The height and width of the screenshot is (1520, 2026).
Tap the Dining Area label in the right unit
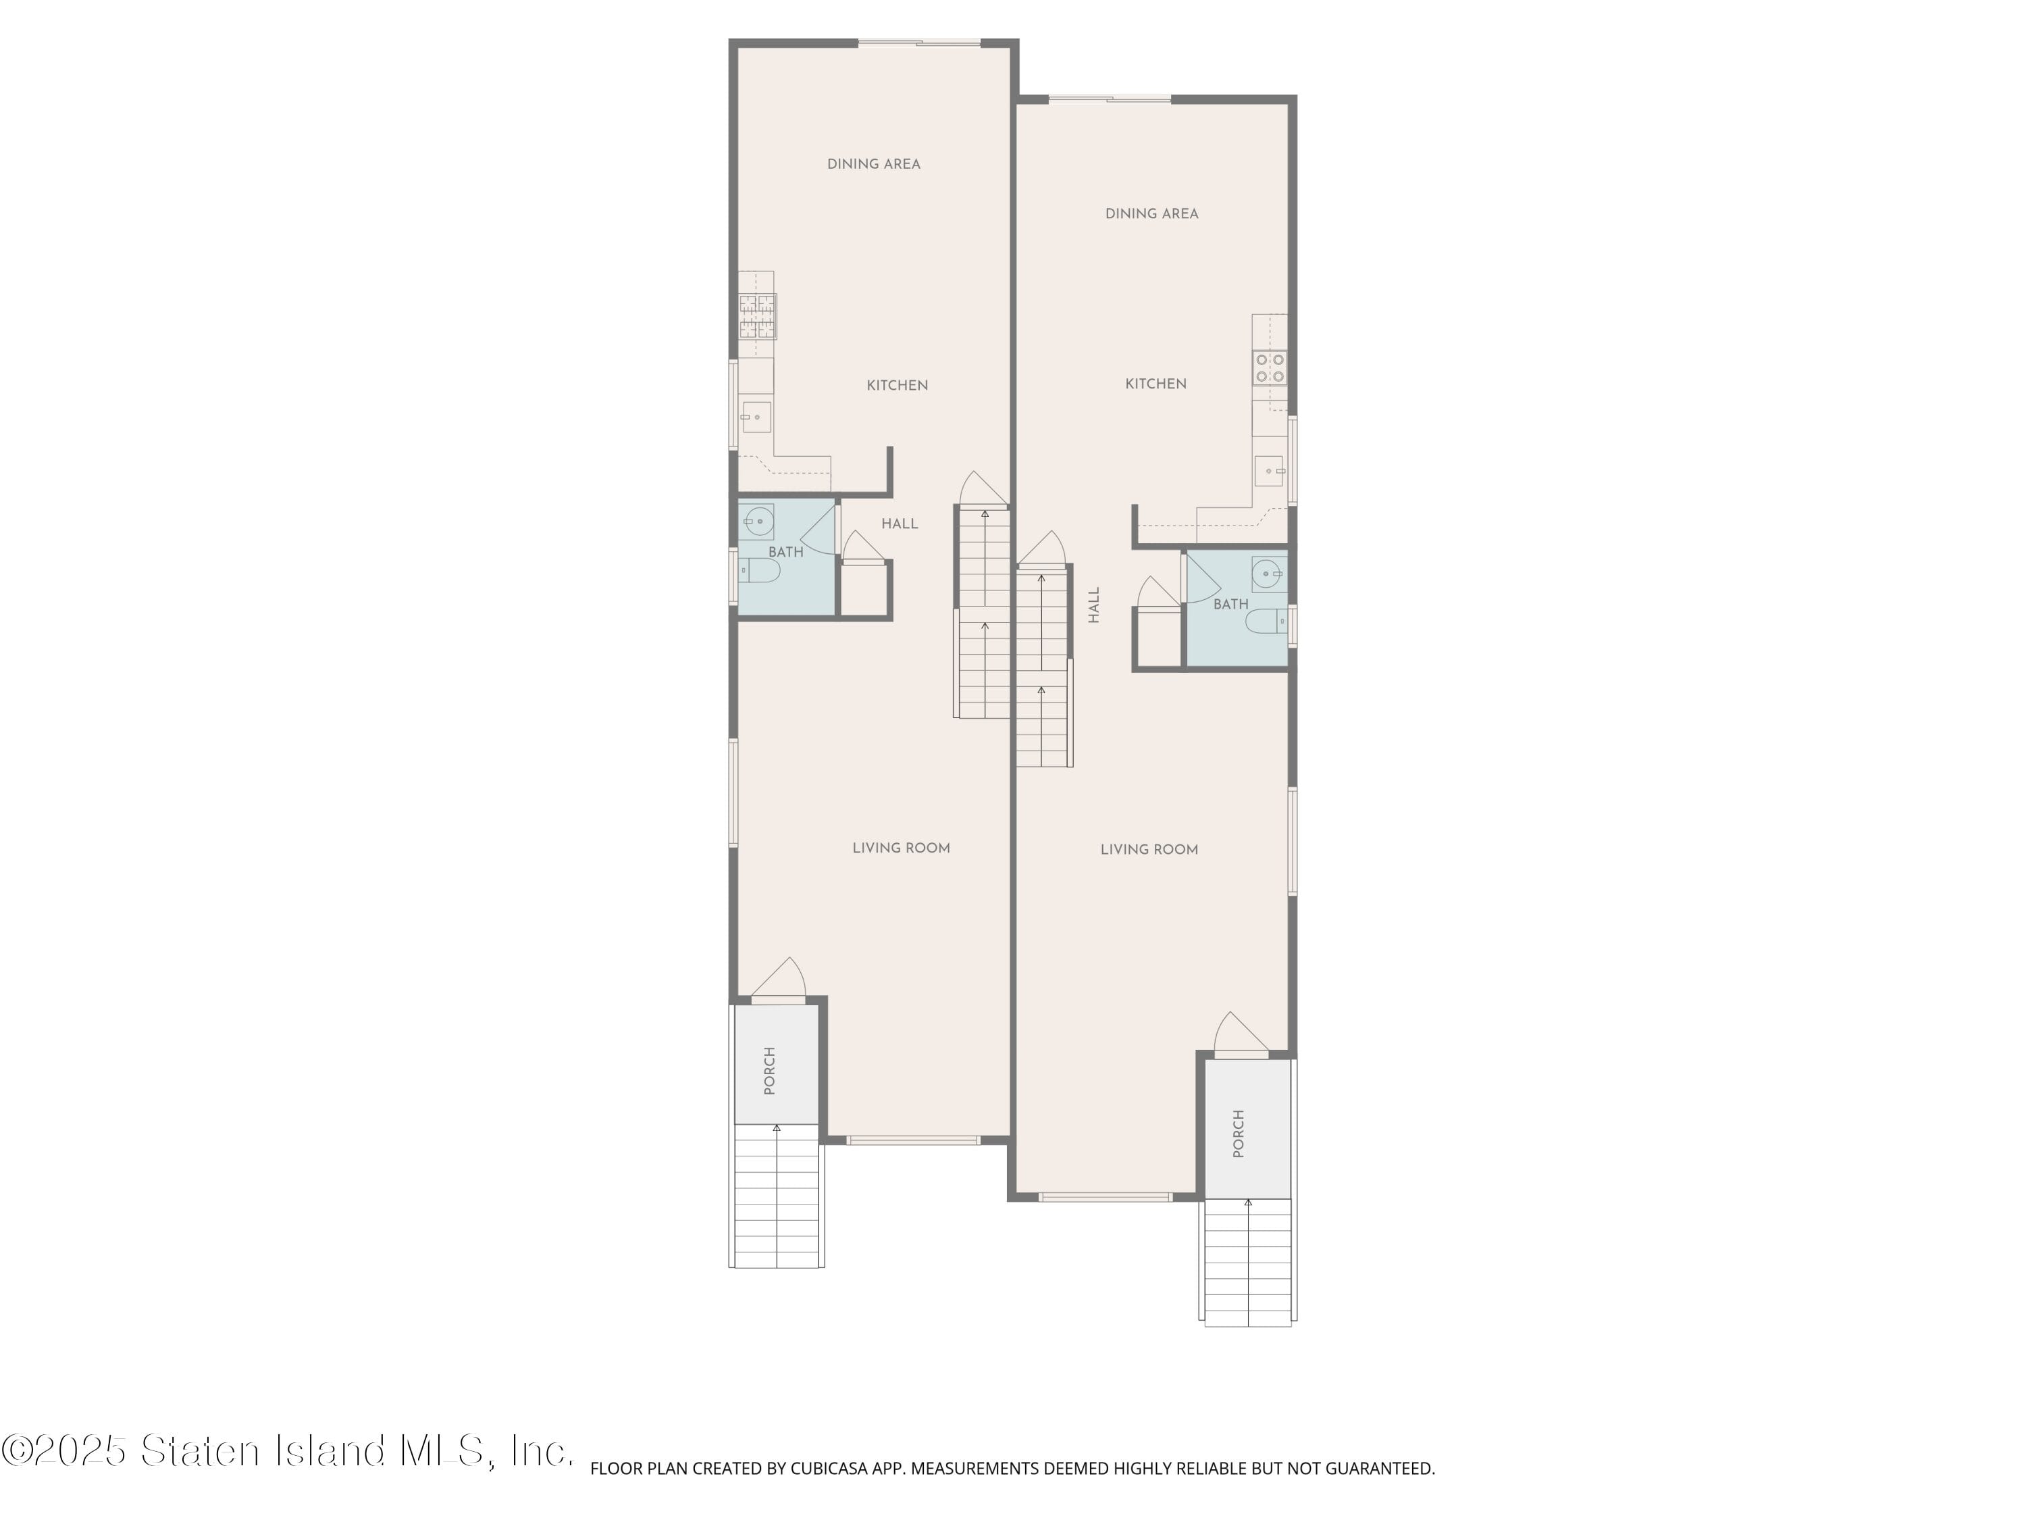[x=1151, y=213]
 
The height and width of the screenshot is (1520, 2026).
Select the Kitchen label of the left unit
[x=897, y=386]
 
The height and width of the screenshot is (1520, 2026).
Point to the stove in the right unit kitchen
[x=1270, y=368]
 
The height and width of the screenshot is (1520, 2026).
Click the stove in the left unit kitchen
[x=758, y=316]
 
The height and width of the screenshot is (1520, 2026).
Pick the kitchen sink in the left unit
[x=756, y=417]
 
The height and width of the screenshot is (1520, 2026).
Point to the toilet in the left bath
[x=760, y=572]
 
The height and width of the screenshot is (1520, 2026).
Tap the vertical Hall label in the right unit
[x=1093, y=605]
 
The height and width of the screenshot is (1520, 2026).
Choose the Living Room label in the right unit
[x=1149, y=849]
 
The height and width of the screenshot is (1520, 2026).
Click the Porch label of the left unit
[x=769, y=1070]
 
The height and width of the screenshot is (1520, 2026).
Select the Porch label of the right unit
[x=1239, y=1134]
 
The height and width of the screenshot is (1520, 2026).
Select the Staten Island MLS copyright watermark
[x=287, y=1451]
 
